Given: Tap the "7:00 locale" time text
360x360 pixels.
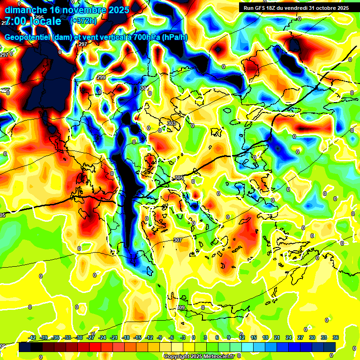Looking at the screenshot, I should [x=33, y=21].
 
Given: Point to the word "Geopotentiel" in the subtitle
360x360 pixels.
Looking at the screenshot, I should [x=27, y=37].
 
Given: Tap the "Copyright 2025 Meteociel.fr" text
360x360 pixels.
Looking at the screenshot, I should [x=199, y=356].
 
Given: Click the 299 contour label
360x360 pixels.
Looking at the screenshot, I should [x=101, y=77].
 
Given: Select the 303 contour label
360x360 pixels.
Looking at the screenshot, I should [x=172, y=123].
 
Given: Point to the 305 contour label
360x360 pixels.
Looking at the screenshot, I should [x=179, y=178].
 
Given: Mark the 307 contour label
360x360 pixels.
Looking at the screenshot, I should [x=177, y=240].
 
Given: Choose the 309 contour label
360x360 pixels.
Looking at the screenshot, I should [x=181, y=307].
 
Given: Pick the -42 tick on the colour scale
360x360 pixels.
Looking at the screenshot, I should [x=32, y=337].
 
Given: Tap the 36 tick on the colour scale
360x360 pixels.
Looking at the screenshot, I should [x=336, y=337].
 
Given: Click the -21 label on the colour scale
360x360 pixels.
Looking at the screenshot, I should [x=114, y=337].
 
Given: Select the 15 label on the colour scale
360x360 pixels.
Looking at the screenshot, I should [x=253, y=337].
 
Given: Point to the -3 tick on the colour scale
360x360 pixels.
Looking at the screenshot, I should [x=183, y=337].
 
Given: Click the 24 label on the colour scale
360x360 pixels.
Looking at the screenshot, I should [x=288, y=337].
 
